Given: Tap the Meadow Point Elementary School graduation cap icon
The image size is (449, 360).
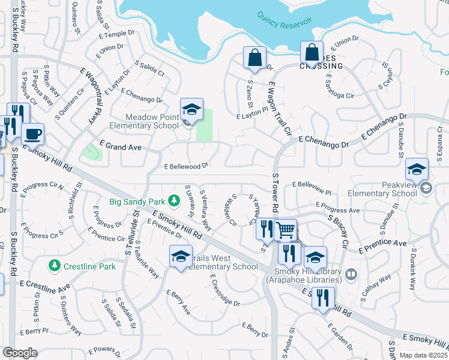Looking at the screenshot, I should (191, 109).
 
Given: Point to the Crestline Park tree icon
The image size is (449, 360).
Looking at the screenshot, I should (55, 265).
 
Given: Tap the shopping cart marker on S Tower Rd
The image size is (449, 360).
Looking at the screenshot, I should (286, 230).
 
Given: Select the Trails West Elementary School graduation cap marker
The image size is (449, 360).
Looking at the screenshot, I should (181, 256).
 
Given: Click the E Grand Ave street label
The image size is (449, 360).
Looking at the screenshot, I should (121, 146).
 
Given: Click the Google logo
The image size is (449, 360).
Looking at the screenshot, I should (20, 353).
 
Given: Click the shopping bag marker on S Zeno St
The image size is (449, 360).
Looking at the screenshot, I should (255, 58).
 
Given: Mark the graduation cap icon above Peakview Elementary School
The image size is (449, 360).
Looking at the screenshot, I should (416, 169).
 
